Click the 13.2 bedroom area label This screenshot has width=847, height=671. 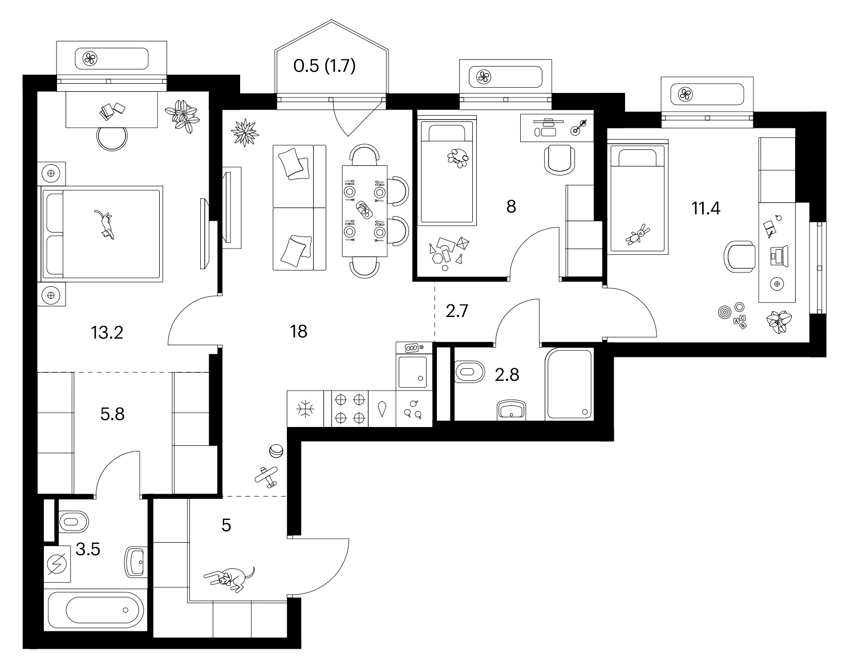coord(107,333)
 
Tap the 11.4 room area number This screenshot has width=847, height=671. coord(706,209)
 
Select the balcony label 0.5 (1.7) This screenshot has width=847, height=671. coord(325,66)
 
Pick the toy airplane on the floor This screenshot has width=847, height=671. coord(266,477)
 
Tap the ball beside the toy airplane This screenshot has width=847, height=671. coord(276,451)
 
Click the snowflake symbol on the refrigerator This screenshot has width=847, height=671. coord(305,409)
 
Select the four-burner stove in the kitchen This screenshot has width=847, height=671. coord(350,409)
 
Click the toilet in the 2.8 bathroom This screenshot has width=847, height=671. coord(469,372)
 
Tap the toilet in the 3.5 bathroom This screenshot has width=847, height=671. coord(74,522)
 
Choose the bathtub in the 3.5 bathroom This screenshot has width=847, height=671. coord(95,610)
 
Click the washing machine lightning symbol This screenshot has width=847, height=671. coord(57,564)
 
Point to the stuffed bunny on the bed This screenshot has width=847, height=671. coord(638,234)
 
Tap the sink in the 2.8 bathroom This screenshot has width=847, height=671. coord(512,410)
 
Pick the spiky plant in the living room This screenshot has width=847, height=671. coord(245,132)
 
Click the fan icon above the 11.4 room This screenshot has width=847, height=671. coord(685,95)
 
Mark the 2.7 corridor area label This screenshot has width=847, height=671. coord(456,311)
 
